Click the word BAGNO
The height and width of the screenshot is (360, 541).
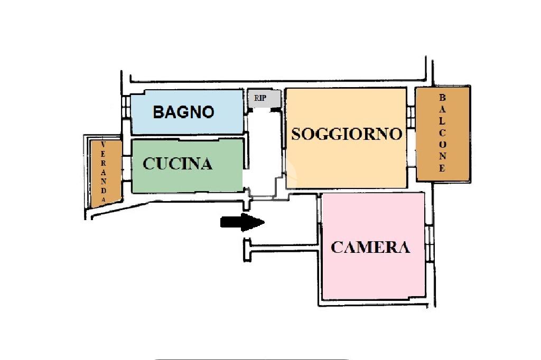pos(183,112)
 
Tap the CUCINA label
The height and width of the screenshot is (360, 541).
pos(178,164)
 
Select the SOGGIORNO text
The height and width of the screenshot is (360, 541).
pos(347,134)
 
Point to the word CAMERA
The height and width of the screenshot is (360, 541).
pos(370,247)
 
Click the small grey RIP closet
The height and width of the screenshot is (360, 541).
pos(259,99)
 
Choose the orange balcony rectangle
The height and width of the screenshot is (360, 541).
pos(442,134)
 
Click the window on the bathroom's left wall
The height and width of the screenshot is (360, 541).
pos(126,106)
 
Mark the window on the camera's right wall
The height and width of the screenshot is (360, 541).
pos(429,242)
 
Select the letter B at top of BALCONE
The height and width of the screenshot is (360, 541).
pos(442,98)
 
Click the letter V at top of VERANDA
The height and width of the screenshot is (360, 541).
pos(104,145)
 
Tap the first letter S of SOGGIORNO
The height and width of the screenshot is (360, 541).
pos(297,134)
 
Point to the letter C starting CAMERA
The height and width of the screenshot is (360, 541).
pos(337,247)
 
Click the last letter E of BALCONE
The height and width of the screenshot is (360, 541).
pos(442,169)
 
